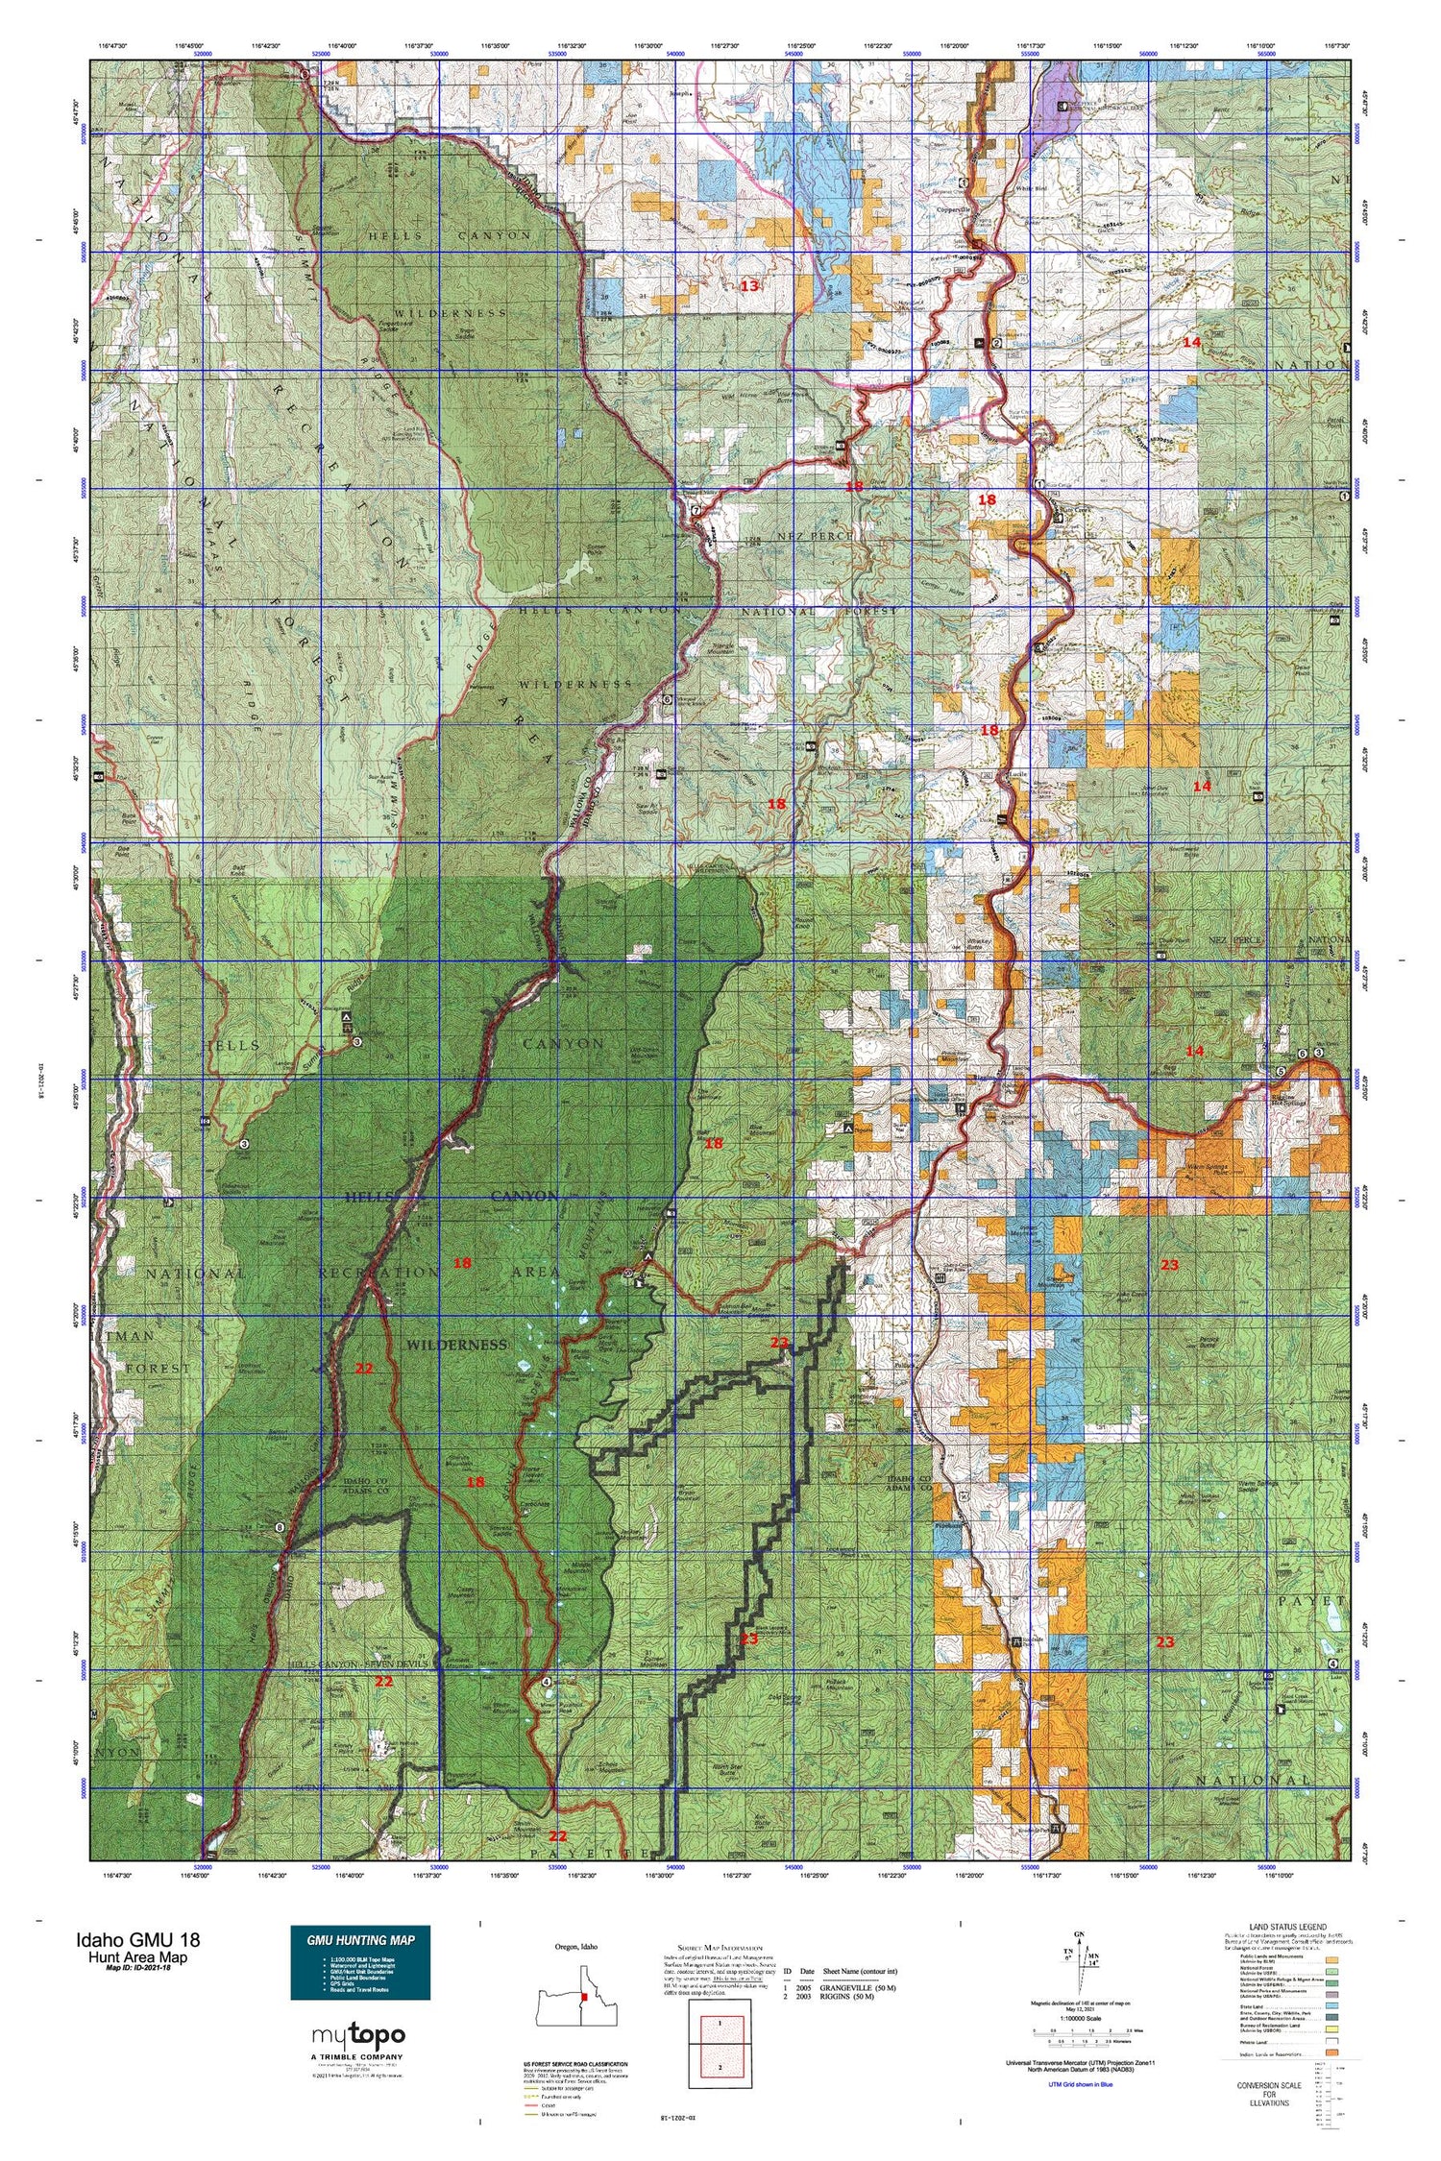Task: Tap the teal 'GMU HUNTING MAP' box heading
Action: click(x=360, y=1939)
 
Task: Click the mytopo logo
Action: click(x=358, y=2034)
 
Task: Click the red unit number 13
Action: click(x=749, y=285)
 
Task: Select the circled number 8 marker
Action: click(x=280, y=1554)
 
